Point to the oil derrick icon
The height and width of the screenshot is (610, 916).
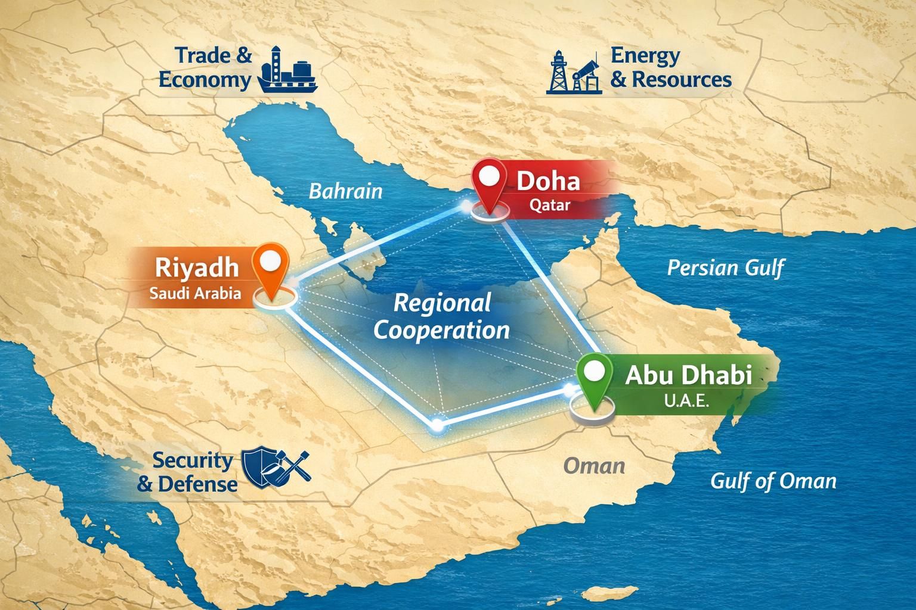pos(558,73)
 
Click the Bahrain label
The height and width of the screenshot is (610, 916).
pos(345,191)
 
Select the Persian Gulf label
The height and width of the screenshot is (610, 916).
pos(725,267)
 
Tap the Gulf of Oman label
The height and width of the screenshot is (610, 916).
pos(773,481)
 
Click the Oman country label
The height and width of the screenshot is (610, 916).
pos(594,465)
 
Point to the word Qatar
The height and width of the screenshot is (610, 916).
pos(550,206)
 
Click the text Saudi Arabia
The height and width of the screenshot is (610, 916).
pos(196,293)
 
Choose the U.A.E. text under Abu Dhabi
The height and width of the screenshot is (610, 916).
pos(686,400)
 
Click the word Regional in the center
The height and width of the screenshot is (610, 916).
pos(442,304)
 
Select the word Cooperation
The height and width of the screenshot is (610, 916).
pos(441,330)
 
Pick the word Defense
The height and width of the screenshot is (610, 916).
pos(198,484)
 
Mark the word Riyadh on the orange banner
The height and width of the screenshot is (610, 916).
pos(196,267)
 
